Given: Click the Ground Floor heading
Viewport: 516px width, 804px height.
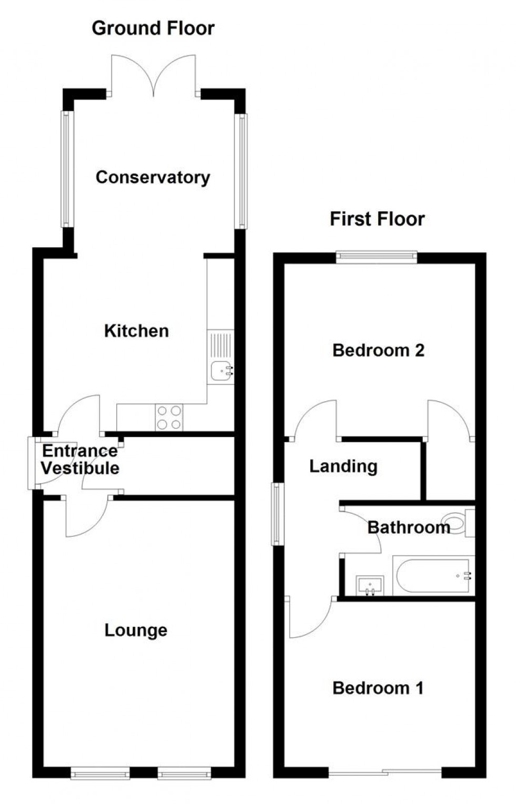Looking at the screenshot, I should (153, 28).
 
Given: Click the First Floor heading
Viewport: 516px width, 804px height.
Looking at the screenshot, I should (377, 219).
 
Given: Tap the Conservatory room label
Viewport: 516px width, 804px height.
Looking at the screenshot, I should (153, 177).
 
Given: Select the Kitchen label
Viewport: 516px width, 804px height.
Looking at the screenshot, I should (136, 331).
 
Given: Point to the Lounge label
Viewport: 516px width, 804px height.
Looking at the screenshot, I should (136, 630).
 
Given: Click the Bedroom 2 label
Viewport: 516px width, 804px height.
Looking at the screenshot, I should (378, 350).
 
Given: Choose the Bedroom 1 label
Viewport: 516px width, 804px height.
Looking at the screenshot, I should (378, 688).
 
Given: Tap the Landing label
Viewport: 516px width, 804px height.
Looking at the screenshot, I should (343, 466).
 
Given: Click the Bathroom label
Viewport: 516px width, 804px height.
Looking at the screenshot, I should (409, 527).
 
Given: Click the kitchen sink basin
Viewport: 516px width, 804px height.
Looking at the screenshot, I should (220, 371).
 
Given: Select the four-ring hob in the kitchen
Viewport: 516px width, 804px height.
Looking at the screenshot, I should (169, 417).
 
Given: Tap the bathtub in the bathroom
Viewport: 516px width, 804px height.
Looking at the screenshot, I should (433, 576).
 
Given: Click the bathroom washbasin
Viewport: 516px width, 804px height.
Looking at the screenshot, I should (370, 585).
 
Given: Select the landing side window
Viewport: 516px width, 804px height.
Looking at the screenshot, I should (277, 514).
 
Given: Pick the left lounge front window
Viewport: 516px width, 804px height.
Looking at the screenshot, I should (100, 773).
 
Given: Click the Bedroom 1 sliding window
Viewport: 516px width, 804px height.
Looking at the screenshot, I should (385, 772).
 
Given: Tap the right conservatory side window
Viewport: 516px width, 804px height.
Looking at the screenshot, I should (242, 171).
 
